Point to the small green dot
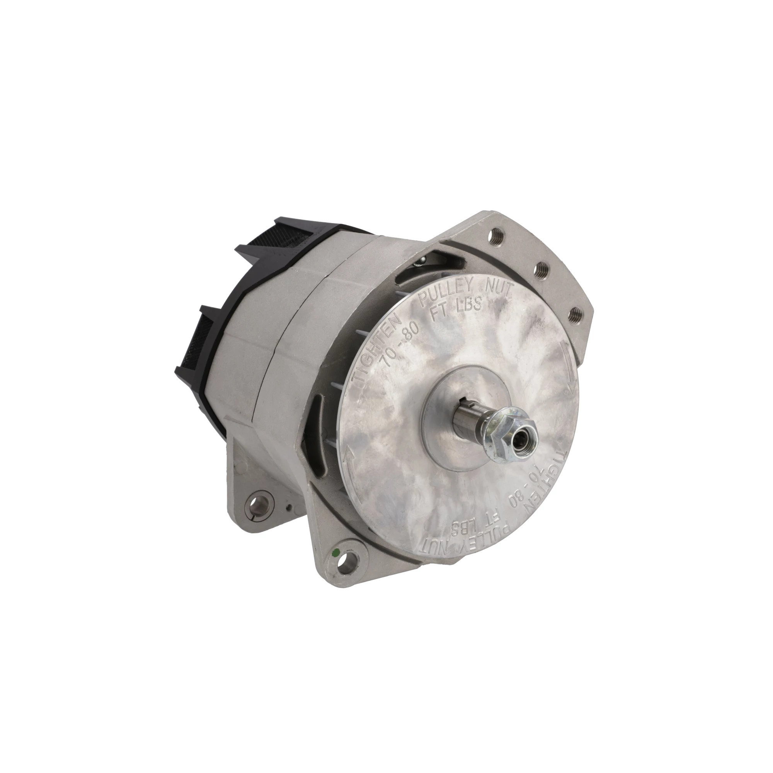pyautogui.click(x=335, y=553)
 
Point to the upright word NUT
pyautogui.click(x=495, y=287)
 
